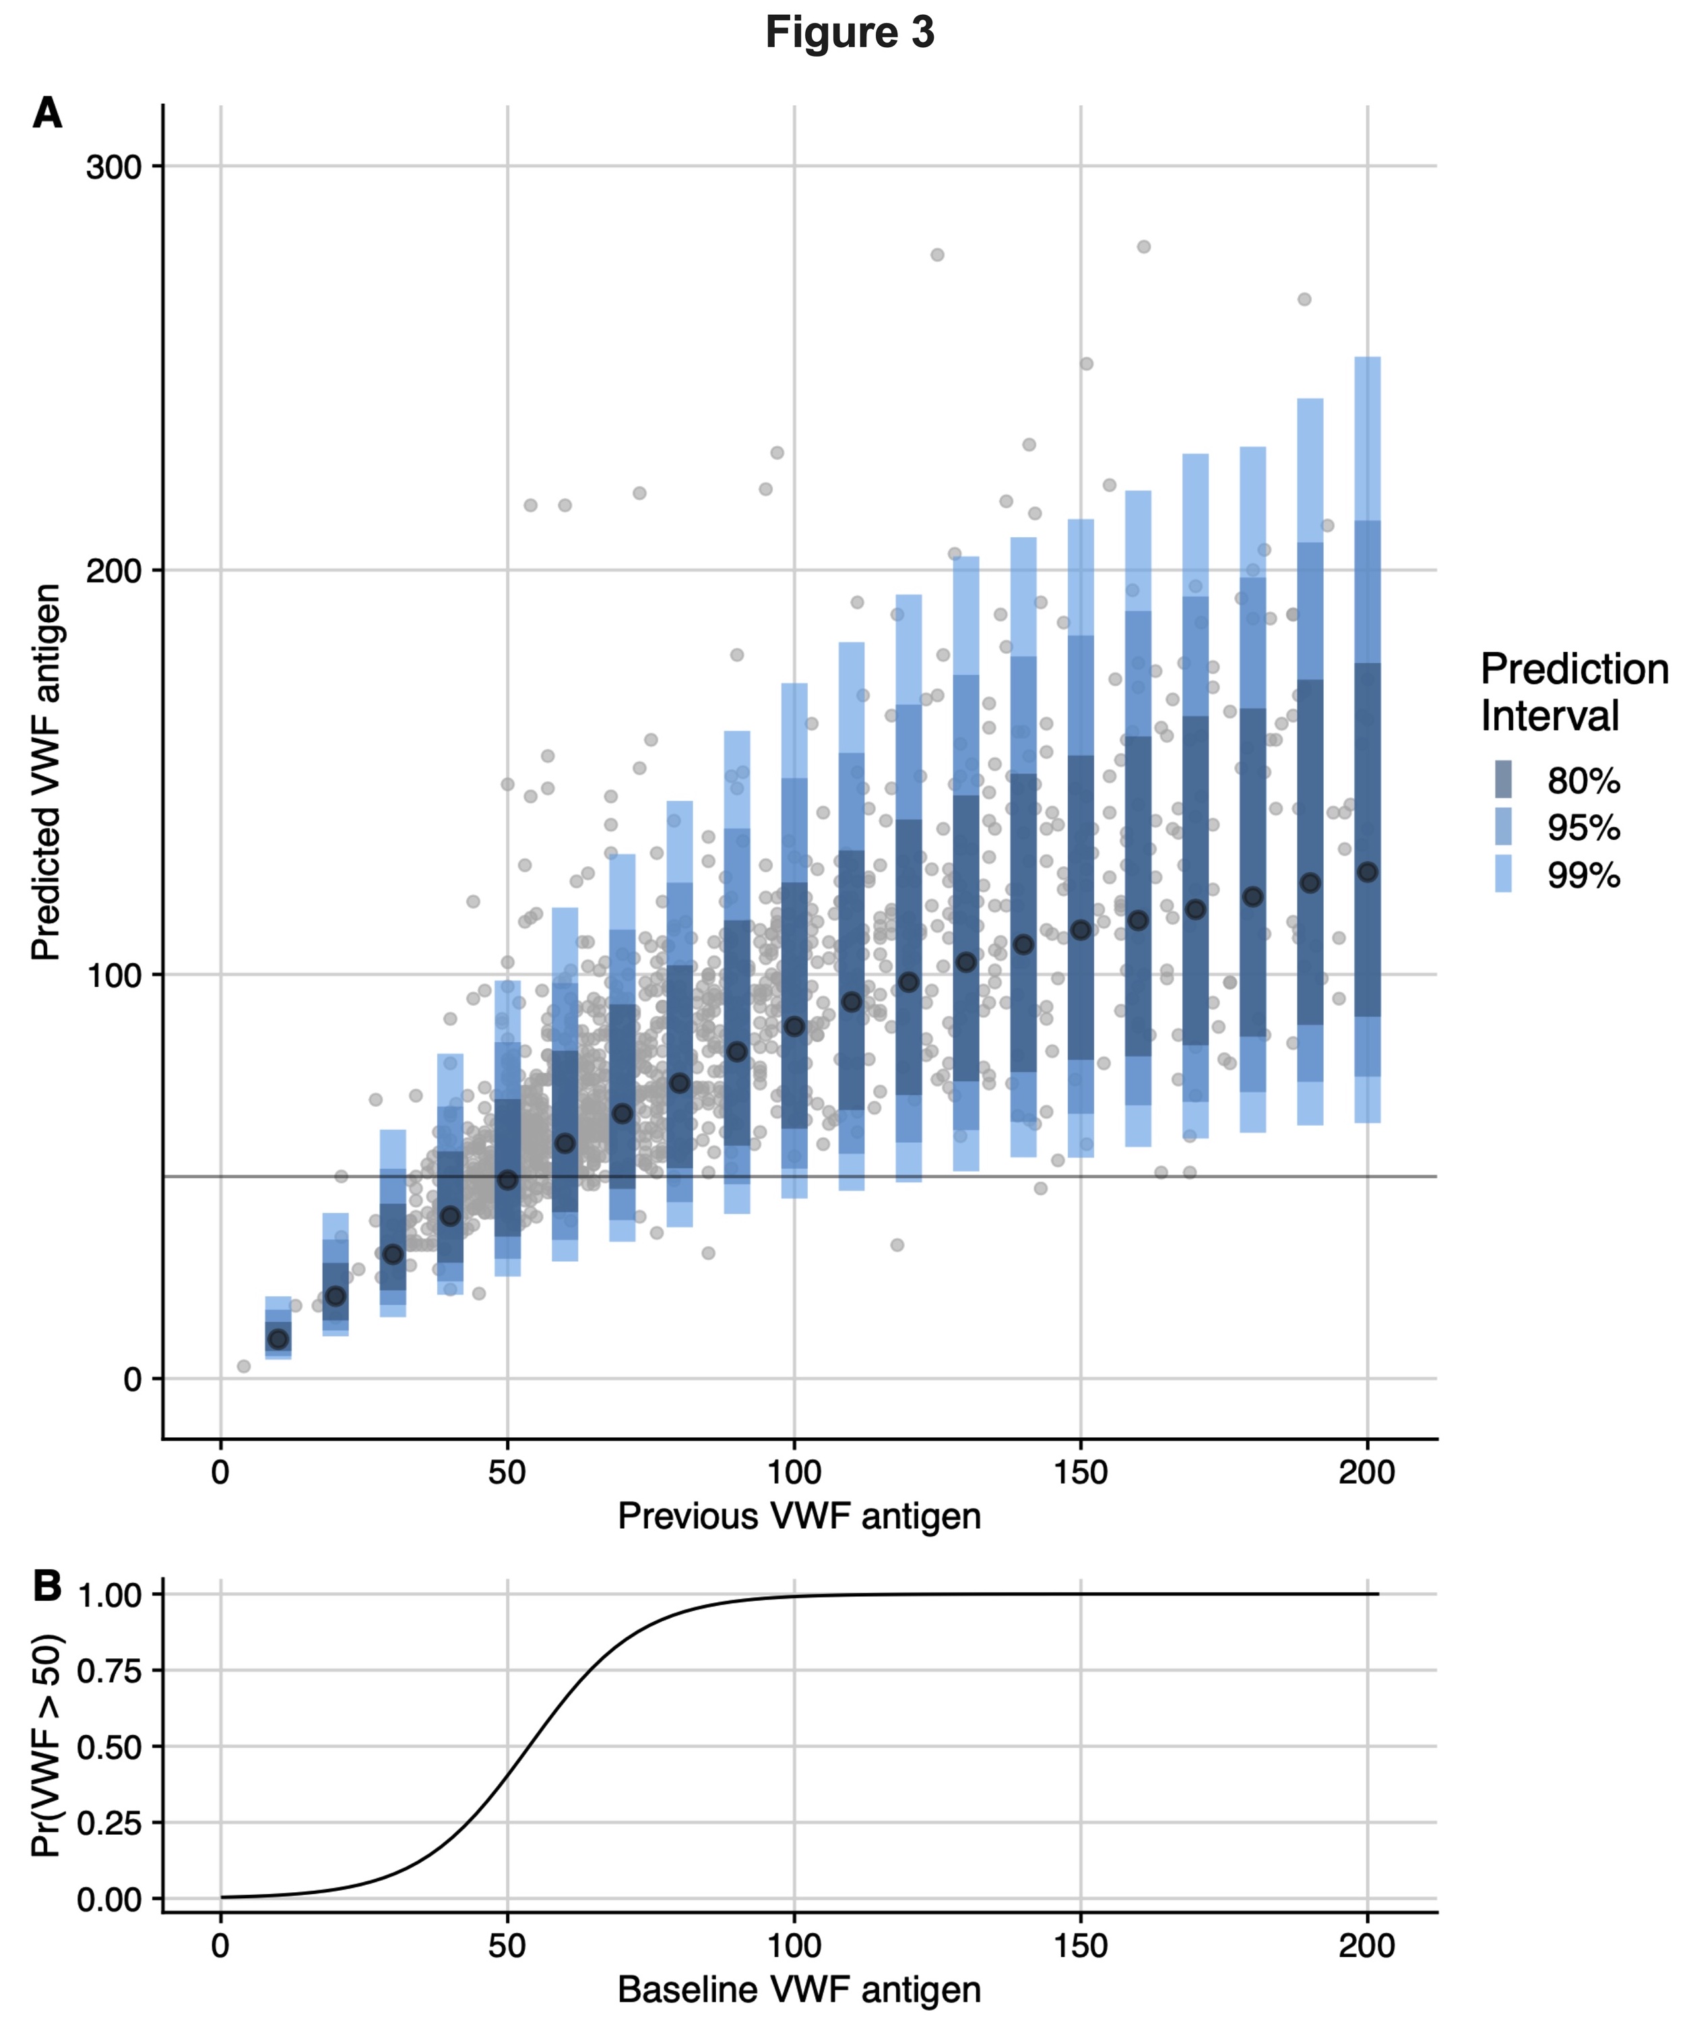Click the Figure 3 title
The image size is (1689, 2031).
[x=850, y=32]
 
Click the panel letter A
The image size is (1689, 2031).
[x=47, y=113]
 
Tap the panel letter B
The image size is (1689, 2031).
[x=47, y=1585]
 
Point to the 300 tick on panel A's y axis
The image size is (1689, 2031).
[x=113, y=166]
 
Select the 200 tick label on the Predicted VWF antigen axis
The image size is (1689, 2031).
[x=113, y=571]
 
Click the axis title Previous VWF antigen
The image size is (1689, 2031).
[x=800, y=1515]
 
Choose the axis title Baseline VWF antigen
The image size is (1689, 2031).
[x=800, y=1989]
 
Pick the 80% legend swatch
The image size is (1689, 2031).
[x=1503, y=779]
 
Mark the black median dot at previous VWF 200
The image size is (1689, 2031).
[x=1367, y=872]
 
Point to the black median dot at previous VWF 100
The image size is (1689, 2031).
[x=794, y=1026]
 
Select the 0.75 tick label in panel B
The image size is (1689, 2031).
[x=108, y=1670]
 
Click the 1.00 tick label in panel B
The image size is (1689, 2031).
[x=108, y=1595]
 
